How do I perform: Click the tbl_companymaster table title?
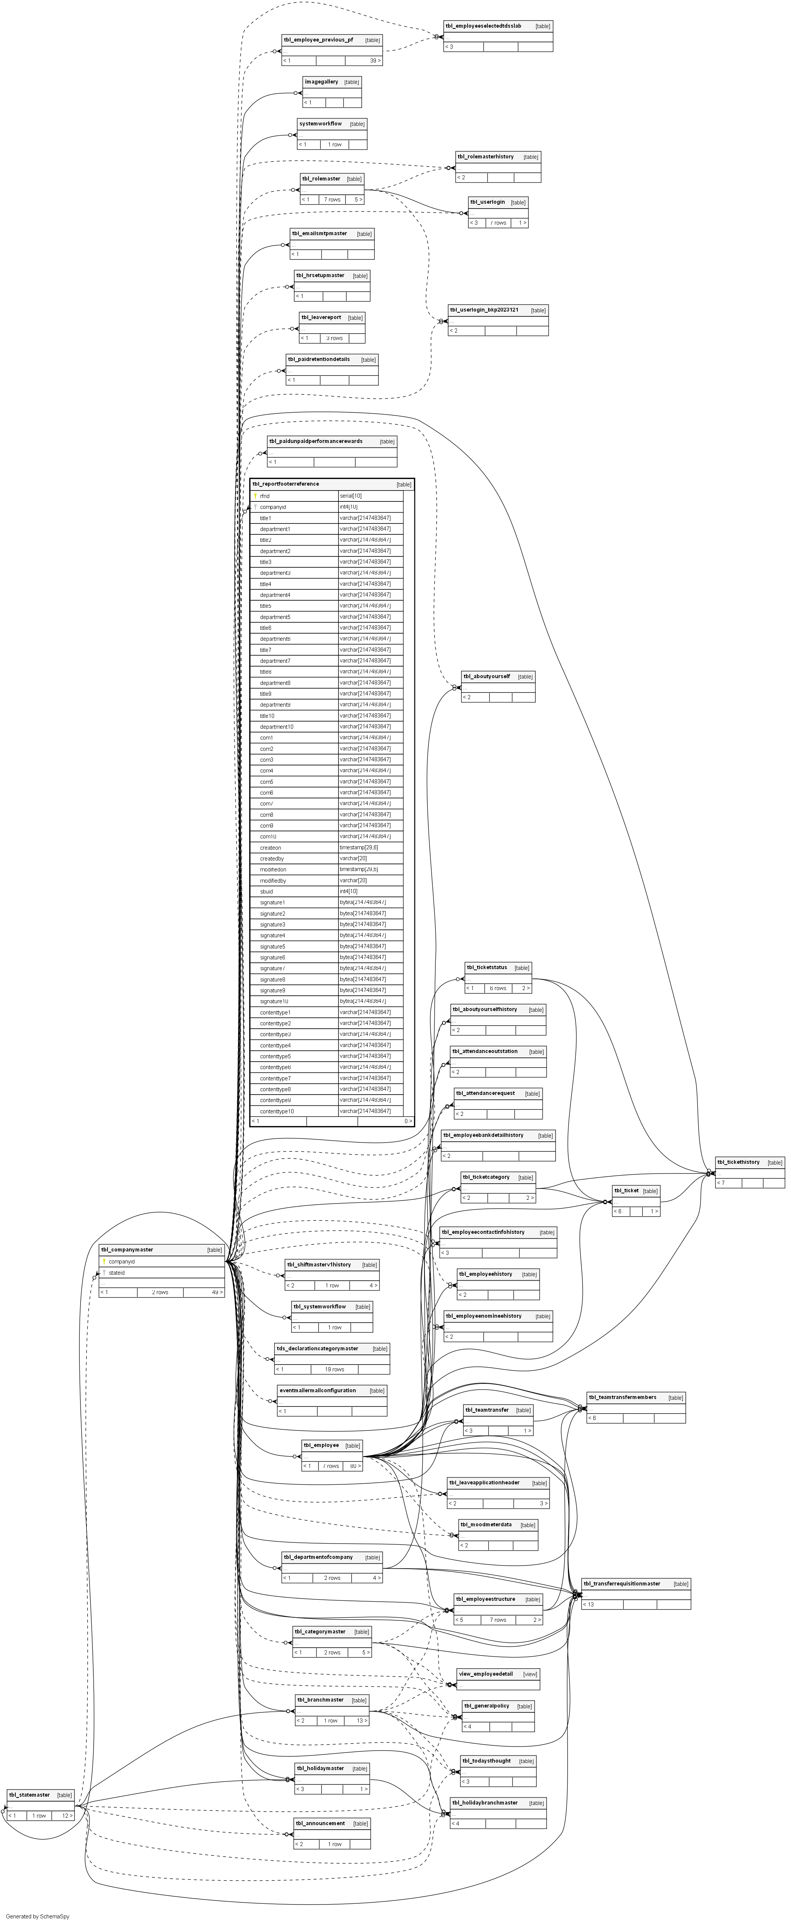[127, 1250]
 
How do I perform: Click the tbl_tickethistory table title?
[738, 1162]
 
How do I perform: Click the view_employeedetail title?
[486, 1674]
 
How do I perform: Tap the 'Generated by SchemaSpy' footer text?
[37, 1917]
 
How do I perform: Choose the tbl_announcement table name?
[320, 1823]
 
